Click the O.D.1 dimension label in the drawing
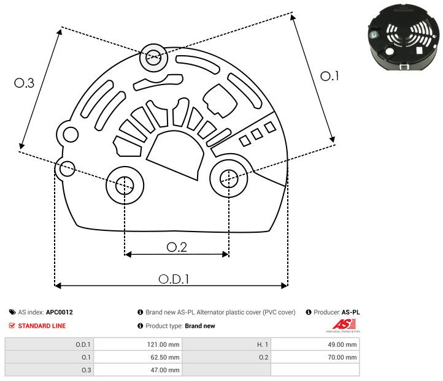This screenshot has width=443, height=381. click(174, 279)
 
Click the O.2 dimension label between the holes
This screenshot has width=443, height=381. click(177, 247)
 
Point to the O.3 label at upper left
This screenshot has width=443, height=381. click(24, 83)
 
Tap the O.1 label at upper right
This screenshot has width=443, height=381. click(329, 76)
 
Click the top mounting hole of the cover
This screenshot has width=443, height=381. click(152, 59)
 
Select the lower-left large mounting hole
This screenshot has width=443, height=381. click(125, 183)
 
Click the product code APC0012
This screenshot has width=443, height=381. click(60, 312)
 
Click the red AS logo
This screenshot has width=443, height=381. click(341, 325)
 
